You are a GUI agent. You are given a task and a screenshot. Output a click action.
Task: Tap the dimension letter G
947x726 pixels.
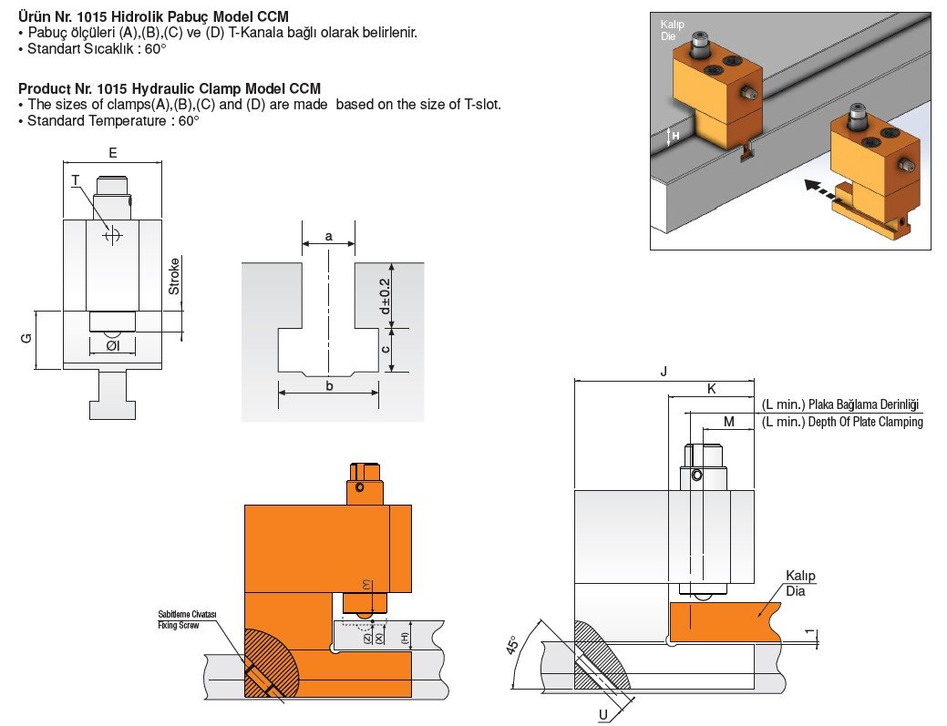click(26, 338)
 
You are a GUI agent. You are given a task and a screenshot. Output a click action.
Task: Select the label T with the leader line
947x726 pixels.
click(77, 180)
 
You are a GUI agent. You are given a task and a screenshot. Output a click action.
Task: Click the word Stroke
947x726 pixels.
click(174, 277)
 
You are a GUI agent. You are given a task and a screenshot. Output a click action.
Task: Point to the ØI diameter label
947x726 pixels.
click(111, 346)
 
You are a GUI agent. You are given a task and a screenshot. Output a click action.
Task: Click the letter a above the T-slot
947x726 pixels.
click(328, 236)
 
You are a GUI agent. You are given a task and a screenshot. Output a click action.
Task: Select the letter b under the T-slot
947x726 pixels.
click(328, 385)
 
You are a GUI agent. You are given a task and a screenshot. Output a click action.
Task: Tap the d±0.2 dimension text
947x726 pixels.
click(385, 295)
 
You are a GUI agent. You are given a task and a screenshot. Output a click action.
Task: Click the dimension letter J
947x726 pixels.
click(664, 371)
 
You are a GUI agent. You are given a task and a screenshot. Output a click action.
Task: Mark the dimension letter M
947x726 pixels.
click(728, 421)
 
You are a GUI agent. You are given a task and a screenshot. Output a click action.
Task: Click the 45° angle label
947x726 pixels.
click(514, 646)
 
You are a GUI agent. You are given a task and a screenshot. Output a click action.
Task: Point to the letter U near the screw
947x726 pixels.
click(602, 714)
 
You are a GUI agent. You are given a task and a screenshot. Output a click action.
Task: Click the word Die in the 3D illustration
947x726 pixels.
click(668, 37)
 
